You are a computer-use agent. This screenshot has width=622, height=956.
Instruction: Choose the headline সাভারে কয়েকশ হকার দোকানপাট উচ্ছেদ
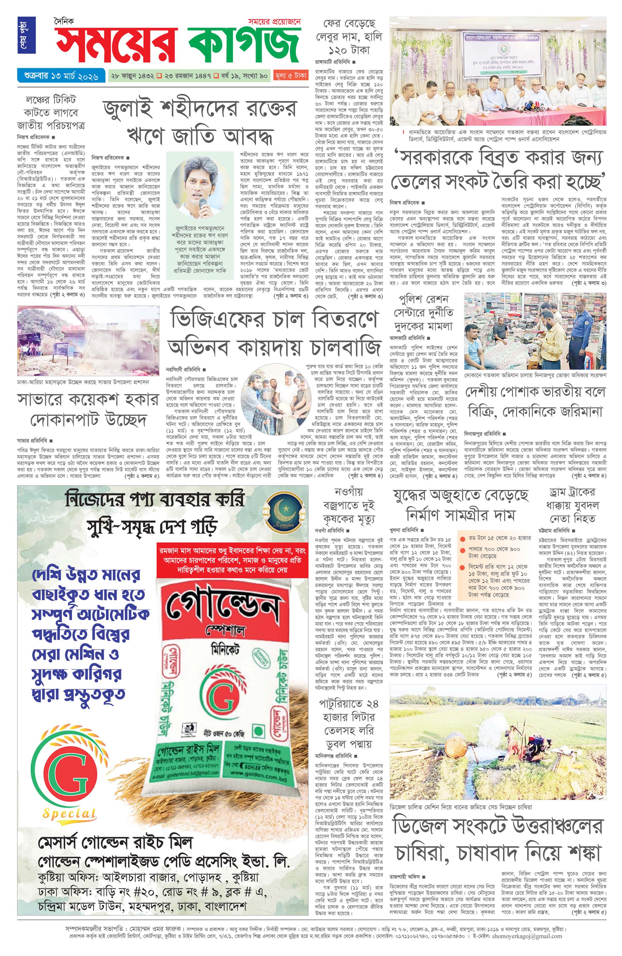(x=88, y=410)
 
